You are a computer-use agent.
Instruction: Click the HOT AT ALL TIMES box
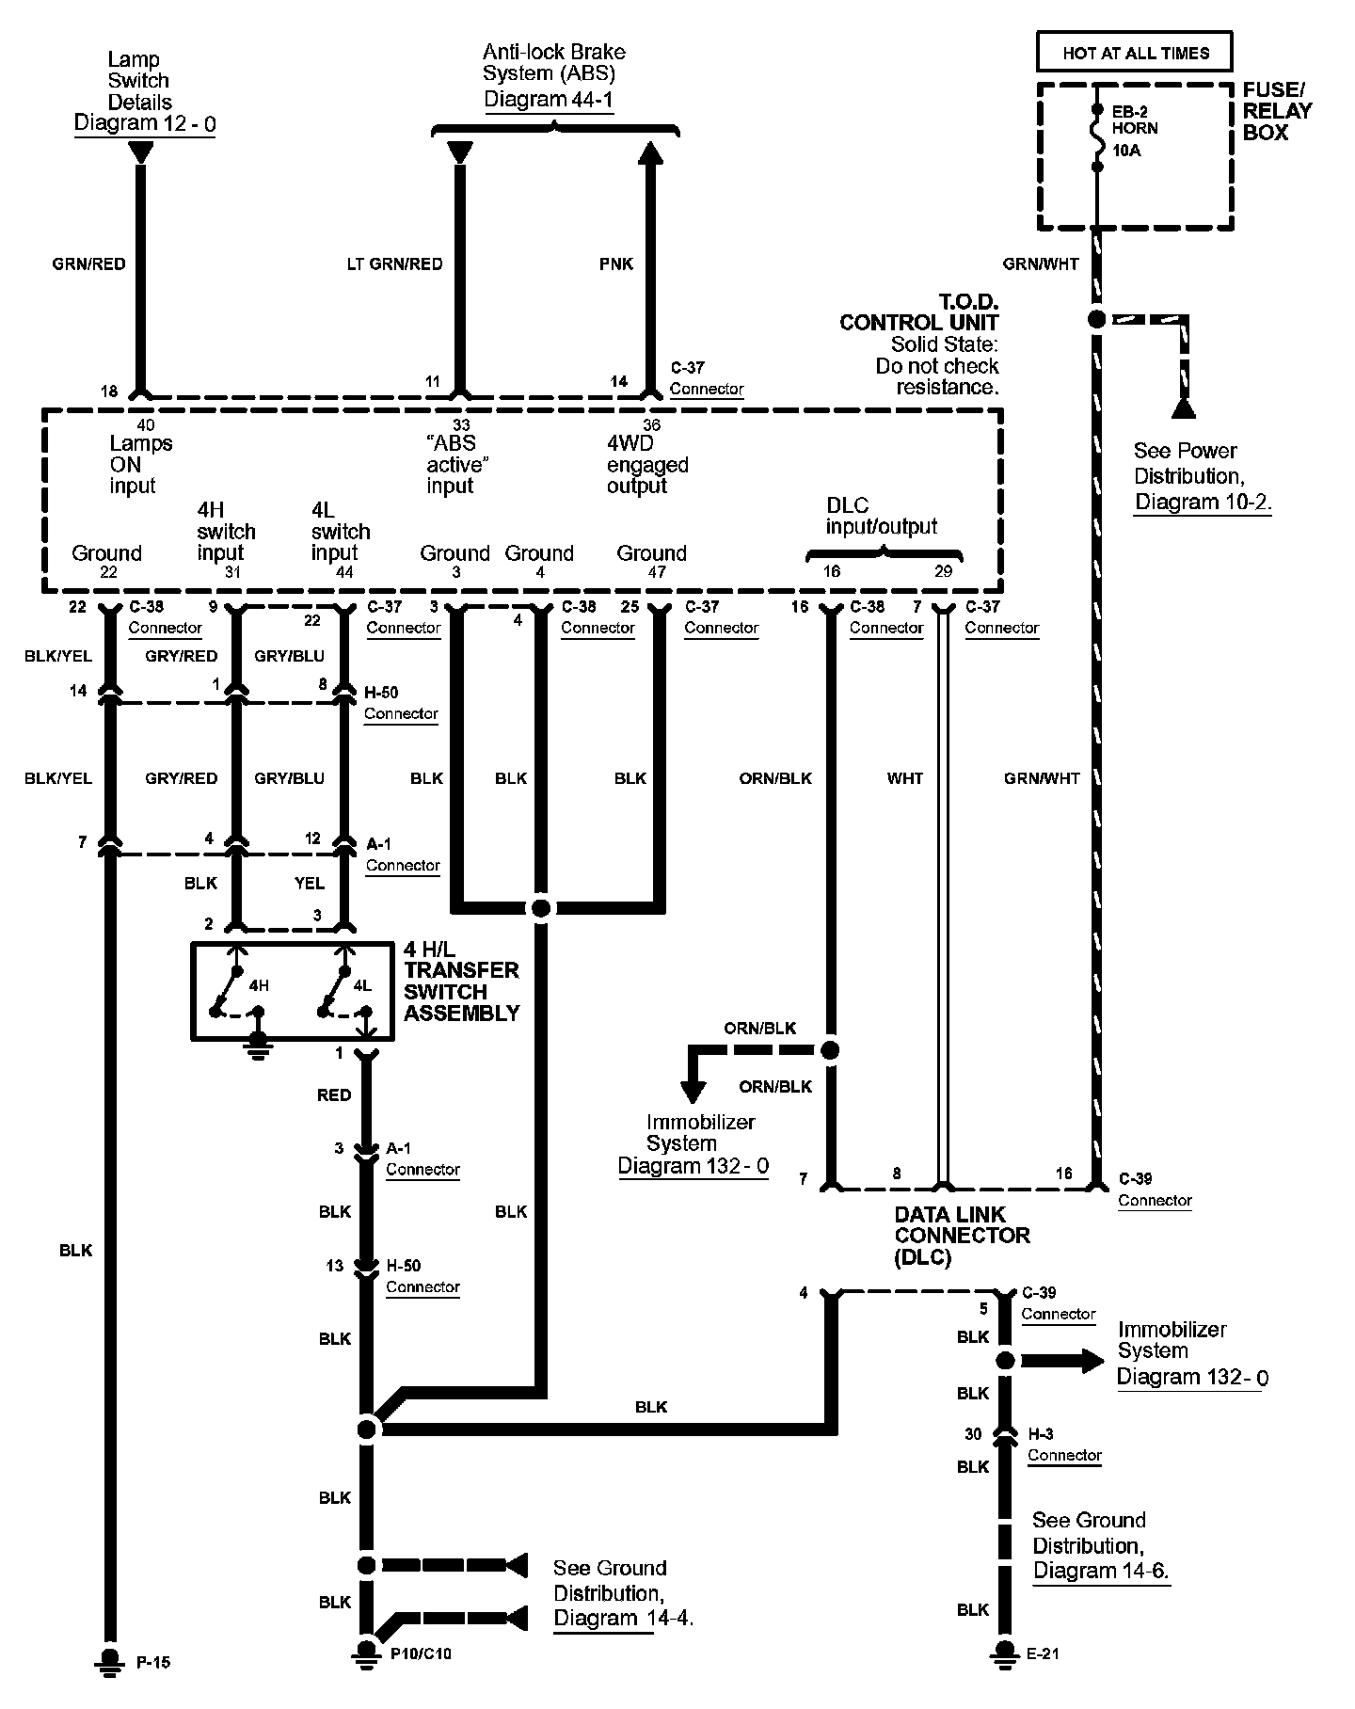(1135, 53)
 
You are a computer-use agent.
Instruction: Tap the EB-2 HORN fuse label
(1133, 120)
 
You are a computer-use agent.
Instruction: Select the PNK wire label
(616, 264)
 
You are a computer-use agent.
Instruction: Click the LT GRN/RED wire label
(394, 264)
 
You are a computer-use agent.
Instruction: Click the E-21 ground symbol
(1005, 1653)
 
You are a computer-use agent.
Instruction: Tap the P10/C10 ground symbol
(365, 1653)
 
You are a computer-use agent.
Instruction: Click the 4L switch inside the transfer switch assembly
(334, 990)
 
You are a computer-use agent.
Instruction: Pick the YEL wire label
(309, 884)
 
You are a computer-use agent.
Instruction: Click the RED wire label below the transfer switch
(334, 1095)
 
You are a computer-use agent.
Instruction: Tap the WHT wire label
(904, 778)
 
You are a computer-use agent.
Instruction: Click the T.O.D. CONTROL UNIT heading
(918, 312)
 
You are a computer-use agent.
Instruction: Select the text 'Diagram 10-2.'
(1203, 502)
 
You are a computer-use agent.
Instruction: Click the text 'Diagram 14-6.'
(1101, 1570)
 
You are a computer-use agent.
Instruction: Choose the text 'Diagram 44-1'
(550, 100)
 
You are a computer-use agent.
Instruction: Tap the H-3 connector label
(1041, 1434)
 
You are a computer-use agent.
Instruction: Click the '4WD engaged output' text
(647, 465)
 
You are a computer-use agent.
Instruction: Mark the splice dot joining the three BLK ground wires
(540, 908)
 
